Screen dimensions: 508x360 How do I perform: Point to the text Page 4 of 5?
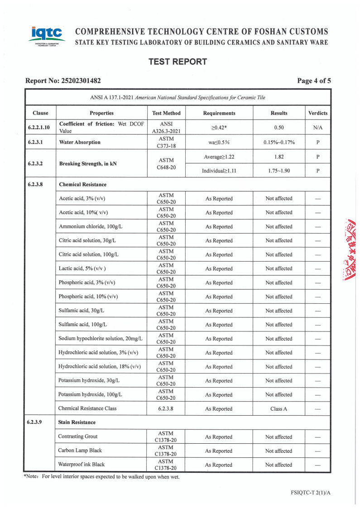[314, 81]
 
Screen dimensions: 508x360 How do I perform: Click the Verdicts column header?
[317, 113]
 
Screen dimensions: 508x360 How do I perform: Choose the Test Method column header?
[166, 113]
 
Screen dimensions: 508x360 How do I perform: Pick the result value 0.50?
[279, 128]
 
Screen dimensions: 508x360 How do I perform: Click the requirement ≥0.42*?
[219, 128]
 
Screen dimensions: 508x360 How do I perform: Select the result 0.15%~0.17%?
[279, 142]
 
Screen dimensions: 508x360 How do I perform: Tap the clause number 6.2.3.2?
[38, 163]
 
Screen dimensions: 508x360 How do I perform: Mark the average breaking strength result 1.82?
[279, 157]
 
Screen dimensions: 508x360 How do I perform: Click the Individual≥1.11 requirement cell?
[219, 171]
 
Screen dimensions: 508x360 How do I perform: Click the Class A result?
[279, 409]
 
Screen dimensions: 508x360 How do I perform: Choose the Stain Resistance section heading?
[77, 422]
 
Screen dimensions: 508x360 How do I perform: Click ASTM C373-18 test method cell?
[166, 142]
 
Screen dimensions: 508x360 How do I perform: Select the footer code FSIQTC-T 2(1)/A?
[311, 492]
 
